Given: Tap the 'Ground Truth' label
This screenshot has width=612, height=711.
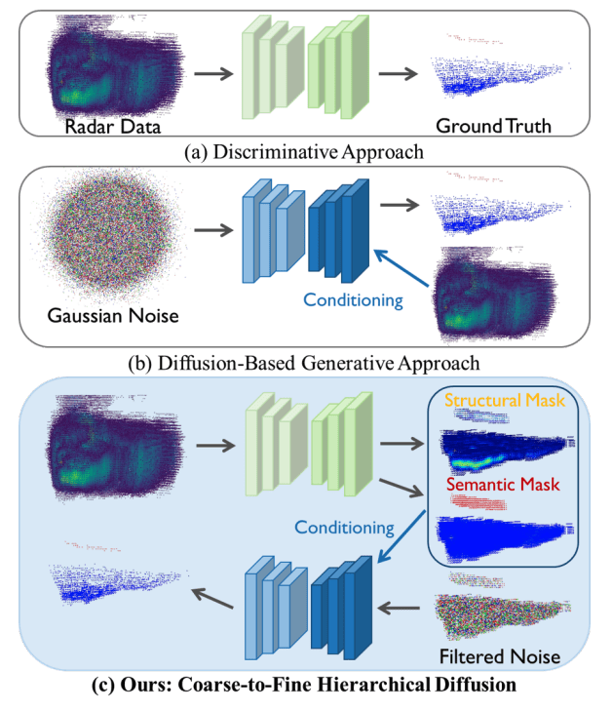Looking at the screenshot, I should (x=494, y=127).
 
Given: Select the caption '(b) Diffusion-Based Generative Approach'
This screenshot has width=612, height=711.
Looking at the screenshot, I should (x=305, y=363).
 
